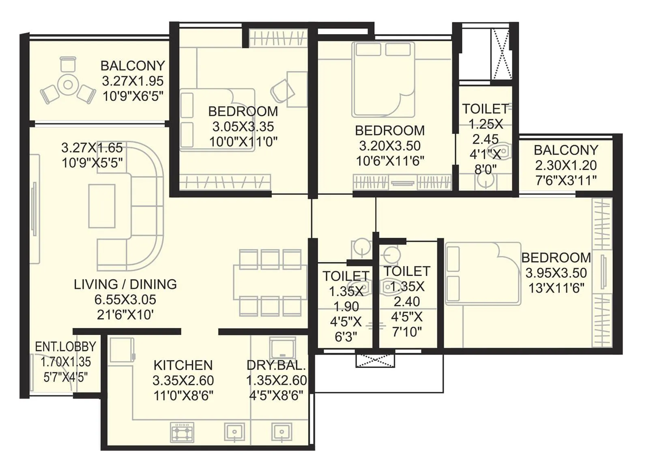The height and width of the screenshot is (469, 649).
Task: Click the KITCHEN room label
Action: pyautogui.click(x=183, y=365)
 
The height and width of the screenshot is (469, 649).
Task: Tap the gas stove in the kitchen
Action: pyautogui.click(x=183, y=432)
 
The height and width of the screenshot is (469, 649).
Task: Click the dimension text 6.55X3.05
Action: pyautogui.click(x=125, y=299)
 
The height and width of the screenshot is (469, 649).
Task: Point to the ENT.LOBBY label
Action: pyautogui.click(x=65, y=346)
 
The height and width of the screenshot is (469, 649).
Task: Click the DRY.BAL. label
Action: pyautogui.click(x=276, y=365)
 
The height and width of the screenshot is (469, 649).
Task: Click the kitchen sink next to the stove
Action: pyautogui.click(x=234, y=432)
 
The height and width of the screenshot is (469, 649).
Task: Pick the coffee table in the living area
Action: pyautogui.click(x=102, y=206)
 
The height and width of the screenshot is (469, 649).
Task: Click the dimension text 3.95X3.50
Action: pyautogui.click(x=556, y=273)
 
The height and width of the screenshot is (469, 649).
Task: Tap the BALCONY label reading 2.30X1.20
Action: pyautogui.click(x=566, y=150)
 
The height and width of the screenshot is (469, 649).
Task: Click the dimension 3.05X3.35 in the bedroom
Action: pyautogui.click(x=243, y=127)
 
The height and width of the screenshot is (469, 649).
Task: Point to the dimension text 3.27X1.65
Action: pyautogui.click(x=92, y=147)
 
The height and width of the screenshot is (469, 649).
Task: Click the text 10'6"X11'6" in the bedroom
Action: pyautogui.click(x=390, y=161)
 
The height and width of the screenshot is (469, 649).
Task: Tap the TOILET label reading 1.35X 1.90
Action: pyautogui.click(x=346, y=276)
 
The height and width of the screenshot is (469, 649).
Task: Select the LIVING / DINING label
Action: pyautogui.click(x=125, y=284)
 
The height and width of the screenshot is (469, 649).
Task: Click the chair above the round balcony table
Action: pyautogui.click(x=68, y=64)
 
